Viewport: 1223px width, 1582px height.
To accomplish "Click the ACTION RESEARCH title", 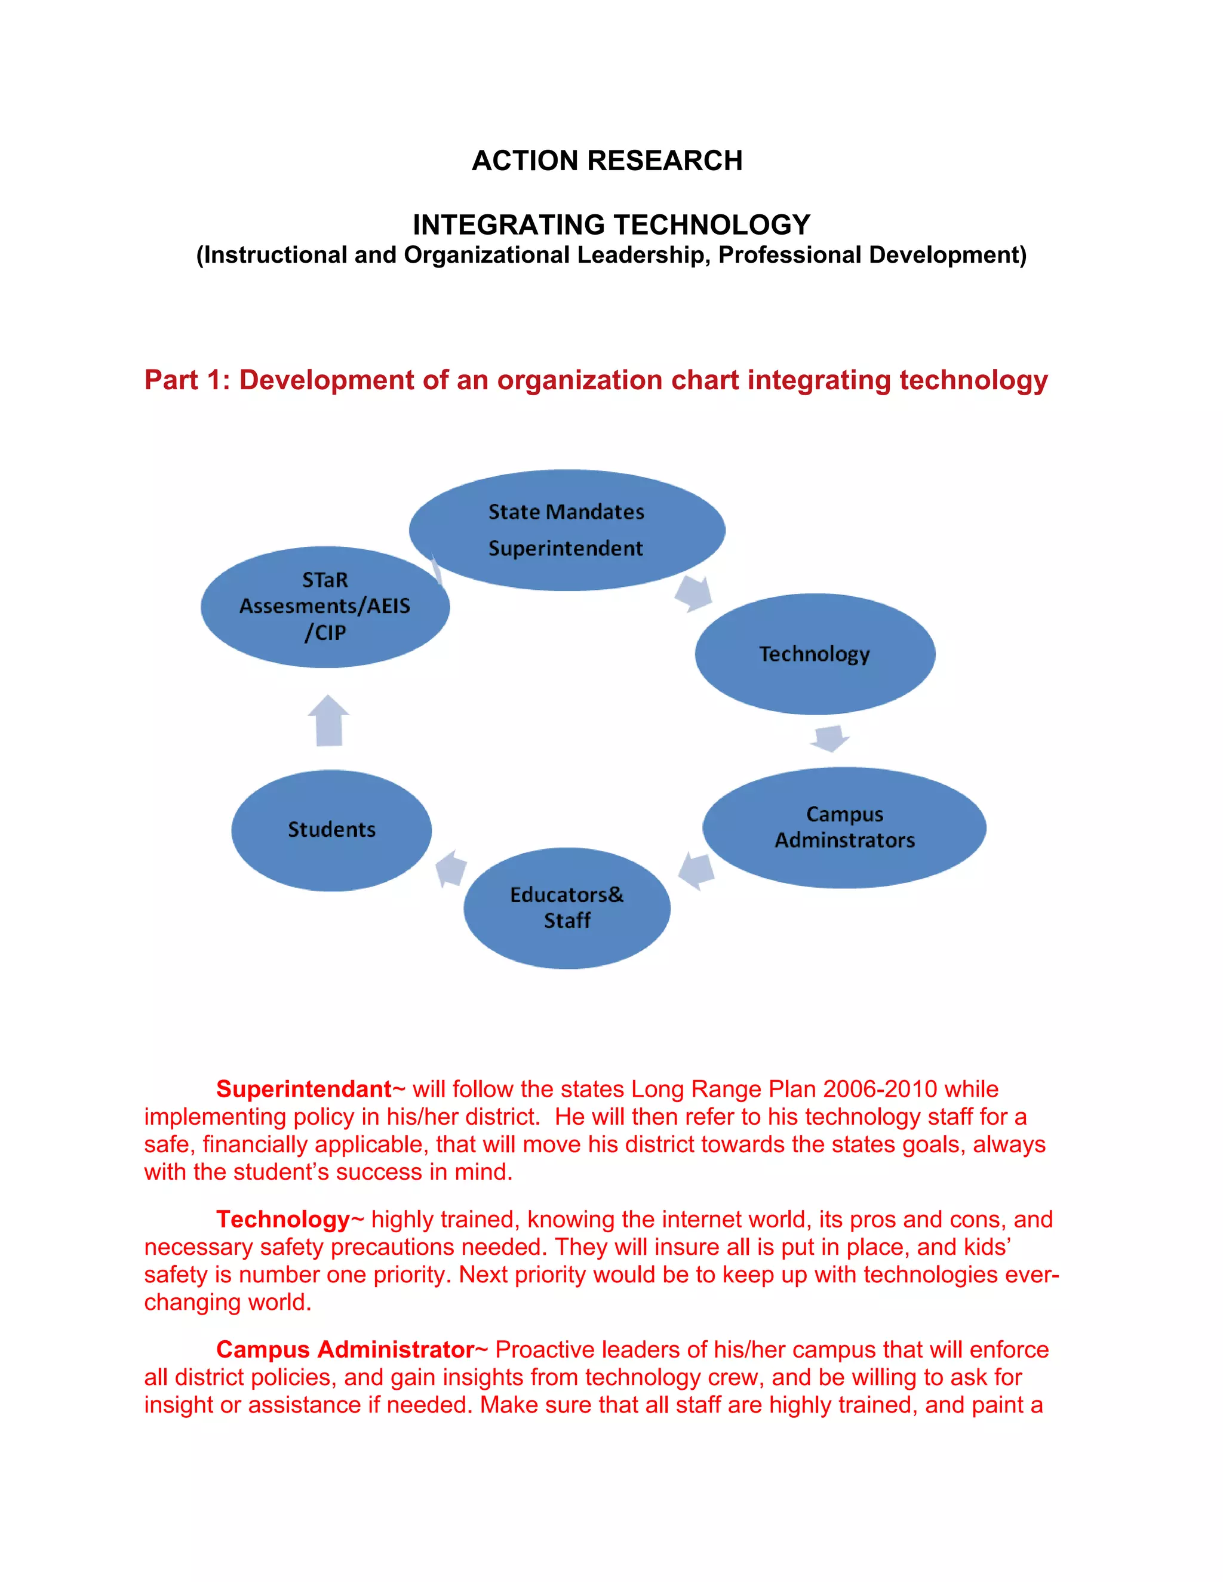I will click(607, 160).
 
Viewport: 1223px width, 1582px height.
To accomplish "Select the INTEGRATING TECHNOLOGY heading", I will click(611, 224).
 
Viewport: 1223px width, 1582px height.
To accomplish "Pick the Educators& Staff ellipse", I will click(567, 907).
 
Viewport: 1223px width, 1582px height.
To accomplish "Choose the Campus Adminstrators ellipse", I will click(844, 827).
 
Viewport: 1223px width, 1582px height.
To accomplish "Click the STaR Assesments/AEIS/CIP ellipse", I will click(325, 607).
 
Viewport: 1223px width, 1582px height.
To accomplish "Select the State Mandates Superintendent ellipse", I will click(567, 530).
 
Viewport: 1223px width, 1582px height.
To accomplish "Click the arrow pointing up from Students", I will click(329, 720).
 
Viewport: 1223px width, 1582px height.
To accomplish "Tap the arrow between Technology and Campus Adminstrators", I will click(829, 738).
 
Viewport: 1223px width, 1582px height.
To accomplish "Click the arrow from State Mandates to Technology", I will click(693, 593).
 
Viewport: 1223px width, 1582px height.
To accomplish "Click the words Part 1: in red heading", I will click(187, 380).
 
